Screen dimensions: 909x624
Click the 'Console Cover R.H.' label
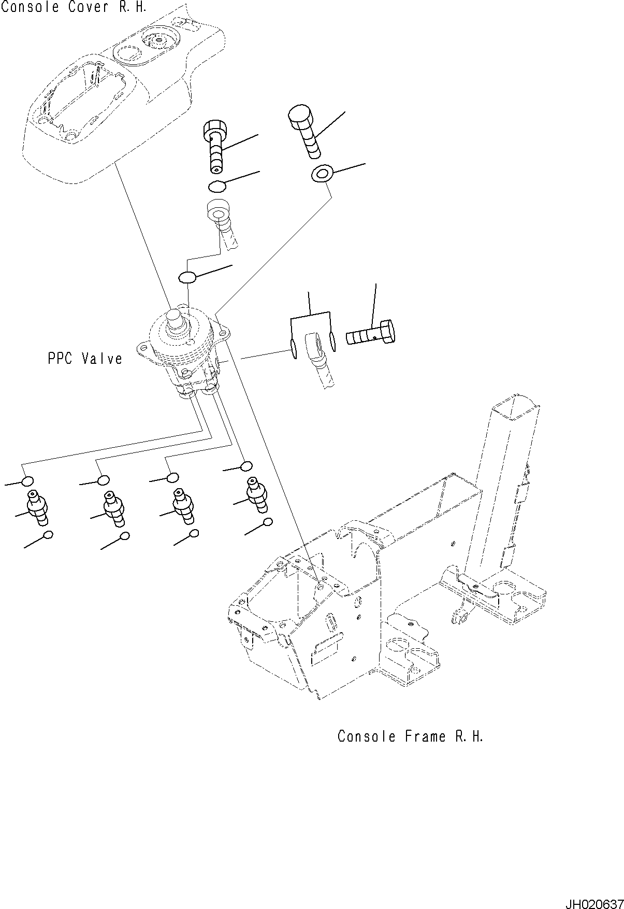click(x=74, y=7)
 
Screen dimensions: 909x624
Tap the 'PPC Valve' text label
click(x=85, y=359)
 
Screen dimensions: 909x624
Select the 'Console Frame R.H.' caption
click(x=410, y=736)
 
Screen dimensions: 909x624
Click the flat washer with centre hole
click(x=322, y=174)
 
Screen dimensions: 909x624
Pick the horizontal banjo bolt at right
click(x=371, y=333)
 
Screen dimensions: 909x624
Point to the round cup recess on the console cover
click(x=129, y=53)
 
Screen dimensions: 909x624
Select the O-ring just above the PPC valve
click(x=187, y=278)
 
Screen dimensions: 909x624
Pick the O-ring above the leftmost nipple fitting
click(x=27, y=481)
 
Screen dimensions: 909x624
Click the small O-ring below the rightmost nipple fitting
click(x=268, y=522)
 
